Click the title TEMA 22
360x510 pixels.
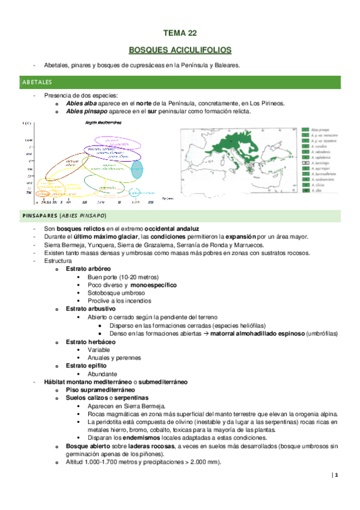(180, 35)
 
